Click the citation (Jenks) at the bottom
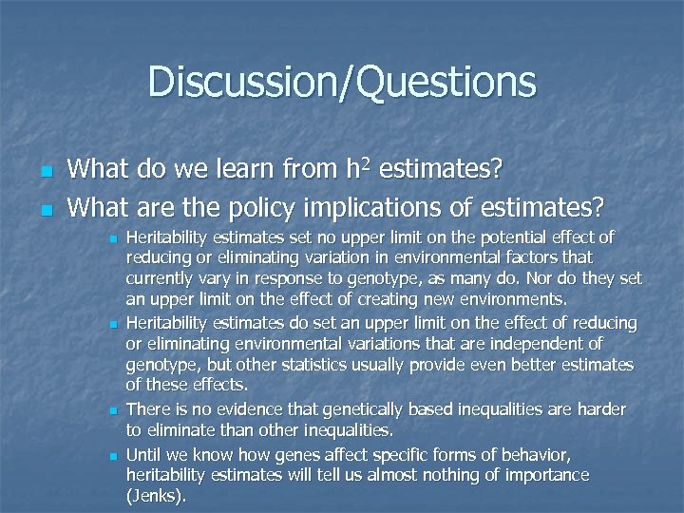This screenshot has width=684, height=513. [157, 495]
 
